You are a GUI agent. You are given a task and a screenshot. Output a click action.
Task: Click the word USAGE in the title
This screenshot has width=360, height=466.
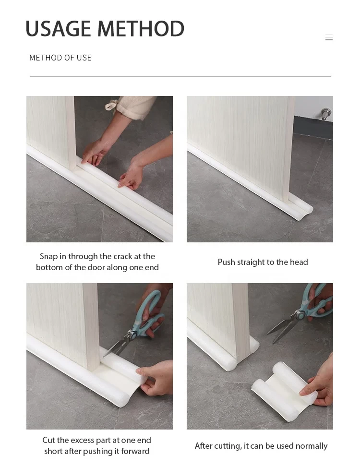pos(58,28)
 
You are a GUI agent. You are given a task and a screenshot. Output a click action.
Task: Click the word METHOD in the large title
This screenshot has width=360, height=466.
pos(141,28)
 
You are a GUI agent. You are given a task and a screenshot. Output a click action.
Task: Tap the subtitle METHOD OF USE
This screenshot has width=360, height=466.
pos(60,58)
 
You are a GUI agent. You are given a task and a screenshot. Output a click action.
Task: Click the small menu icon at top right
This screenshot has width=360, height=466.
pos(329,37)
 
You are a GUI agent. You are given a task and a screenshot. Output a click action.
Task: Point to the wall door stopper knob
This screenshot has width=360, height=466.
pos(326,114)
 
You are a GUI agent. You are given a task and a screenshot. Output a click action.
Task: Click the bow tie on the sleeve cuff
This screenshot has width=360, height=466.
pos(112,105)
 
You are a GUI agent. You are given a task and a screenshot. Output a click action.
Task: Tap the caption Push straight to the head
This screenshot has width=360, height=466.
pos(263,262)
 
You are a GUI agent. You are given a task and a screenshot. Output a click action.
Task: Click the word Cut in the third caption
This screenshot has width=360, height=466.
pos(49,440)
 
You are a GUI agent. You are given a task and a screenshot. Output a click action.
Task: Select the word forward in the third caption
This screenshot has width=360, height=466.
pos(135,451)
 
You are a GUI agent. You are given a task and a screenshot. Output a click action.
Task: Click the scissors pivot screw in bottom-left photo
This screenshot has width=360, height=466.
pos(132,335)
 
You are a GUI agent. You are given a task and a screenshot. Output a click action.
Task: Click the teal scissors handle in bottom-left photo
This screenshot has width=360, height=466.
pos(150,312)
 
